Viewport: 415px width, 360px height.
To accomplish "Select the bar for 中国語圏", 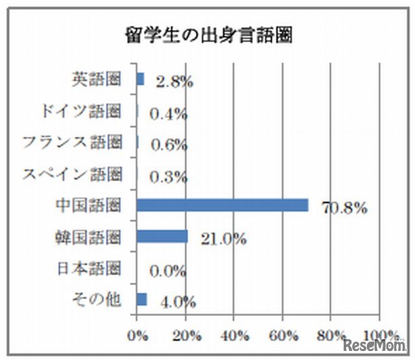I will (x=222, y=206).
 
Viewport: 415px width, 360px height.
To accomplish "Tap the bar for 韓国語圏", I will (x=162, y=237).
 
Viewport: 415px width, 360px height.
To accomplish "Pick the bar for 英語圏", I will (x=140, y=79).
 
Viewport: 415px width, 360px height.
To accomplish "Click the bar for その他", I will (x=142, y=299).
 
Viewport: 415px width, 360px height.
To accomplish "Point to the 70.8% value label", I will (x=344, y=208).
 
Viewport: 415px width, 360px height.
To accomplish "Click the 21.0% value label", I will (x=223, y=239).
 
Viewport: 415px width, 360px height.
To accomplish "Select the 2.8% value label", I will (x=171, y=82).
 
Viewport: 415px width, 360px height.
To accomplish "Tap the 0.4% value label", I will (x=168, y=114).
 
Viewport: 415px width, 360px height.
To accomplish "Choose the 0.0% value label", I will (x=168, y=270).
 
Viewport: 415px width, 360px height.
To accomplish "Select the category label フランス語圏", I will (x=73, y=142).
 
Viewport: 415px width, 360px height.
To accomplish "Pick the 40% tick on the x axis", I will (x=235, y=335).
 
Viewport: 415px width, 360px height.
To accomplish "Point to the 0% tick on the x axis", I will (x=137, y=335).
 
